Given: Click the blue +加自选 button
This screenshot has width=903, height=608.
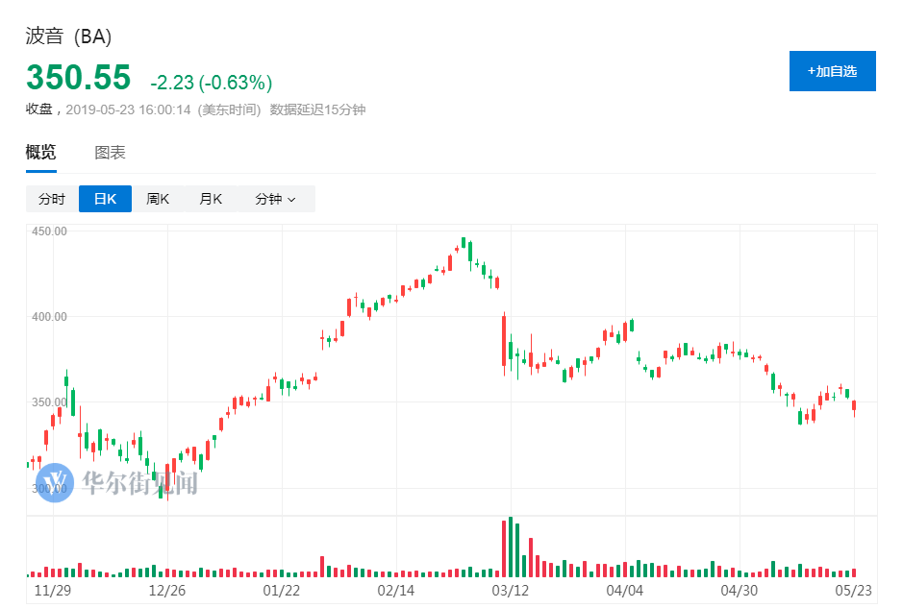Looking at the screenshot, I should (832, 71).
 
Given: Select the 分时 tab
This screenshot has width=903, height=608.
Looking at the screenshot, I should (52, 199).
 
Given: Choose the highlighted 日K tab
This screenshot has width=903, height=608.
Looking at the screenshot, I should (105, 199).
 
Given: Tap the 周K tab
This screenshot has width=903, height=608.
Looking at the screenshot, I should (158, 199).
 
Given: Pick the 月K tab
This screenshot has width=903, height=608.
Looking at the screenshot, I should (211, 199).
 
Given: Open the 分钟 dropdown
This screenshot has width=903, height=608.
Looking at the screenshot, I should (275, 199).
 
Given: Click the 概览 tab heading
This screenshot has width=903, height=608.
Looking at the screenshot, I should (40, 152).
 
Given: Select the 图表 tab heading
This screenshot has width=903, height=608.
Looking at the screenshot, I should (110, 152).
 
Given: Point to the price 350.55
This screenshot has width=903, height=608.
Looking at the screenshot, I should (80, 77).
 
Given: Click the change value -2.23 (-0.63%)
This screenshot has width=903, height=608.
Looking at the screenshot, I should (211, 82).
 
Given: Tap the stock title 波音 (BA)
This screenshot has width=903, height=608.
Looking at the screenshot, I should (68, 37).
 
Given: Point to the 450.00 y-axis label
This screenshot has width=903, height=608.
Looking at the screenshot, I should (49, 231).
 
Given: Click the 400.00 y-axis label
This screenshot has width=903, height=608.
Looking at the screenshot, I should (49, 316).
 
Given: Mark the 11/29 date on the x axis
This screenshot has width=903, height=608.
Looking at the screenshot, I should (53, 588).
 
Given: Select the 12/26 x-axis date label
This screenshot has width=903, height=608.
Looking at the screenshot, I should (166, 588).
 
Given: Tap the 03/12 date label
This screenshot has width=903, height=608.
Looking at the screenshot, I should (510, 588).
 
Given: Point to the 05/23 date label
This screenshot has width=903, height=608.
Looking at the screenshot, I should (854, 588).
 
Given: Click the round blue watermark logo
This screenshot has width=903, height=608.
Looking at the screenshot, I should (56, 481).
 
